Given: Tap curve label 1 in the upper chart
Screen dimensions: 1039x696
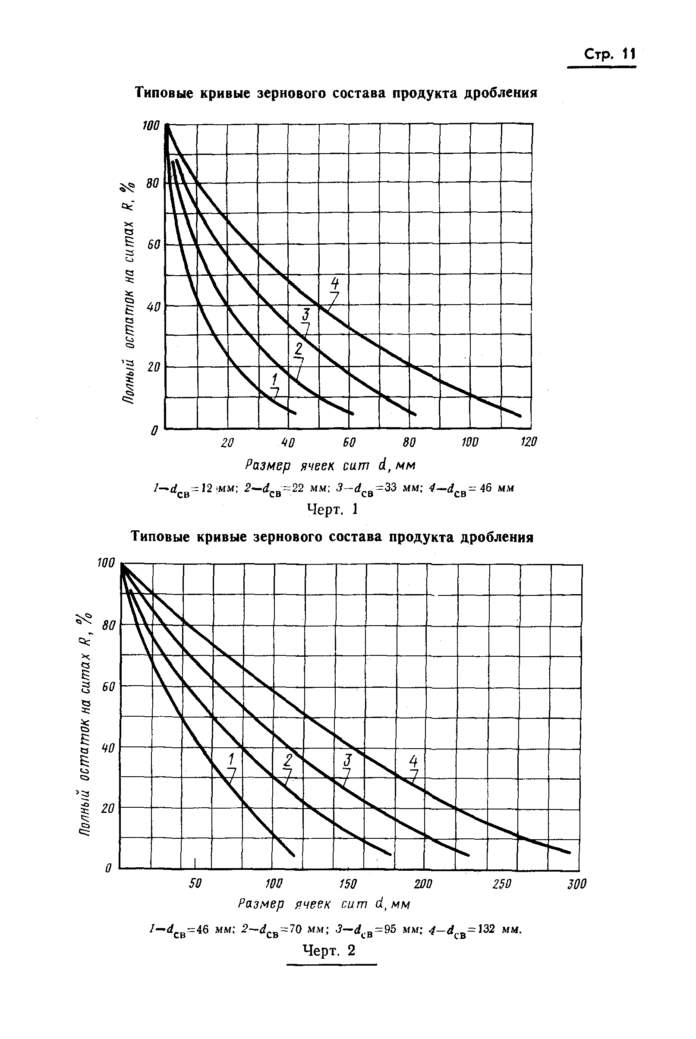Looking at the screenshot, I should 275,379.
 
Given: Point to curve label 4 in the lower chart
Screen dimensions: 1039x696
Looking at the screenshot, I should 413,762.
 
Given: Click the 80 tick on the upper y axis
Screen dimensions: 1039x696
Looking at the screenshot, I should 152,183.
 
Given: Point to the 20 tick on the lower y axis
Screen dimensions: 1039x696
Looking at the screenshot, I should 108,809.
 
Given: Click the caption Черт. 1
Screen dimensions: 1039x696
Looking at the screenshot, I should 332,509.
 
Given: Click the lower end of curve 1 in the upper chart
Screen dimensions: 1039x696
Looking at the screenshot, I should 295,413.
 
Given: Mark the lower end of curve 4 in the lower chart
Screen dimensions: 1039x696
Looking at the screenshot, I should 569,852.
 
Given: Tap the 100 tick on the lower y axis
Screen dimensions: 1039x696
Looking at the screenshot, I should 106,563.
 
